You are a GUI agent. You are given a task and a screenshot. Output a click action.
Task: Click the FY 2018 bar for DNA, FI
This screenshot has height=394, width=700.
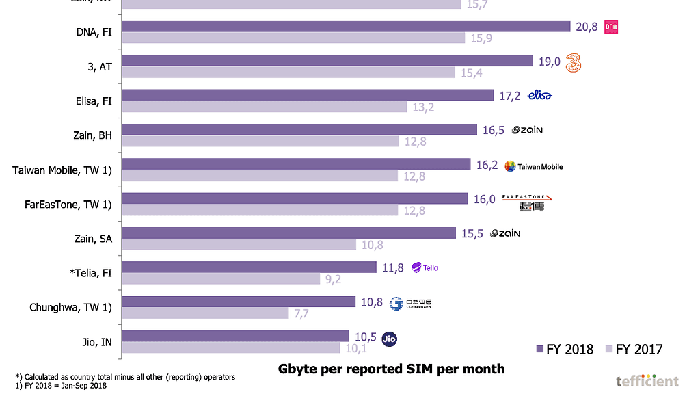[x=346, y=26]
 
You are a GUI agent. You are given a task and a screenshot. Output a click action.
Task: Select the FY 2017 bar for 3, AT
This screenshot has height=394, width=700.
[x=288, y=73]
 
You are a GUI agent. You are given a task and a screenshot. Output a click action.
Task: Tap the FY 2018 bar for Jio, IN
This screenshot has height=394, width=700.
[x=235, y=336]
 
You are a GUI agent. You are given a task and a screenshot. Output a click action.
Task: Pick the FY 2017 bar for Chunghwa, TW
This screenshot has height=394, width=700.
[x=205, y=313]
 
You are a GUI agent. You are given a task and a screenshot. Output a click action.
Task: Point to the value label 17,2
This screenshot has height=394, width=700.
[x=510, y=96]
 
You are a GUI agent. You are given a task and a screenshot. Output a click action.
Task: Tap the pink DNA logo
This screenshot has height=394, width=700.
[x=611, y=27]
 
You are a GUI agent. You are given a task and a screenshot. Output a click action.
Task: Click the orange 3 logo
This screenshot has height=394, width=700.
[x=574, y=63]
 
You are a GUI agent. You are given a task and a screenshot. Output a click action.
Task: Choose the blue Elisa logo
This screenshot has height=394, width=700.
[x=539, y=95]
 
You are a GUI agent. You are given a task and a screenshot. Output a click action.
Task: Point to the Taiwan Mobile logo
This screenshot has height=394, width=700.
[x=533, y=166]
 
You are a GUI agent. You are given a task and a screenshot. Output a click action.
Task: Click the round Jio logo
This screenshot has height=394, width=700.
[x=390, y=338]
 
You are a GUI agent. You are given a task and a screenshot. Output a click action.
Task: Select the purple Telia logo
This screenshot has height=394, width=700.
[x=425, y=267]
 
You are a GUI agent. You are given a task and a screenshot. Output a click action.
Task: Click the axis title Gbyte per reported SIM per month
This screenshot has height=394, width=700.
[x=391, y=369]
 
